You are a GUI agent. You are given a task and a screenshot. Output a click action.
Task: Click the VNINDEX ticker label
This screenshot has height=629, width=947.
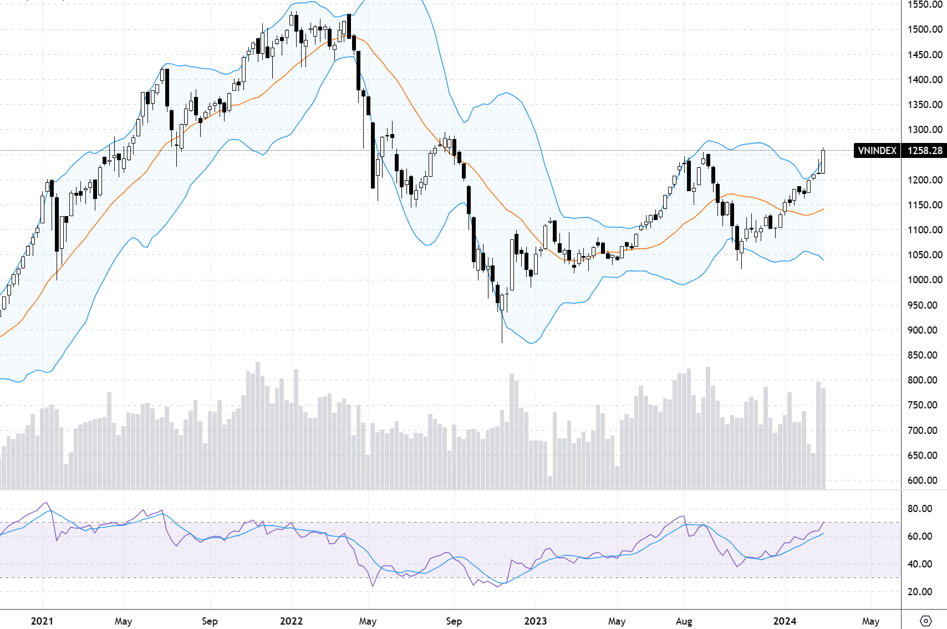coord(877,151)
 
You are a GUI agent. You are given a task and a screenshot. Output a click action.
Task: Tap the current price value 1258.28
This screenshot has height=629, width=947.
coord(925,151)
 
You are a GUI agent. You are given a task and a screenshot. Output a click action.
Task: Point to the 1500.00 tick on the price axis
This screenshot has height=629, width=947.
coord(925,29)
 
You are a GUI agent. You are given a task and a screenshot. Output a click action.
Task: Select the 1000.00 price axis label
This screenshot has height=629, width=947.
coord(925,280)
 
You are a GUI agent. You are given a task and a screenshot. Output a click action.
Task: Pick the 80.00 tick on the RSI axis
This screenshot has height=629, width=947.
coord(919,509)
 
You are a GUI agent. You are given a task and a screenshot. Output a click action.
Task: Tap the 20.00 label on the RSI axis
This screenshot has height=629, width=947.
coord(919,592)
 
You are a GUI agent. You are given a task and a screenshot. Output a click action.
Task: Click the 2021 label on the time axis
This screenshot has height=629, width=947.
coord(42,621)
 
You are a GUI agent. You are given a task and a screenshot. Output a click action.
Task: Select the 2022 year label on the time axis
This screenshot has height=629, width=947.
coord(291,621)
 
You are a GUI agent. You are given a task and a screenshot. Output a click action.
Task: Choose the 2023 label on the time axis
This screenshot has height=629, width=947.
coord(536,621)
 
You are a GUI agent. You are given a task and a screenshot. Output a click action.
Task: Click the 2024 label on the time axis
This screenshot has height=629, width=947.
coord(785,621)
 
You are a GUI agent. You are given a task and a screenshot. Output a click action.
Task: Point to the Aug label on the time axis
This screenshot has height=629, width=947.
coord(684,621)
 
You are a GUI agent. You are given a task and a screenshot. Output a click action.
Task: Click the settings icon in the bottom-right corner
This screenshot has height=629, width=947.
coord(925,621)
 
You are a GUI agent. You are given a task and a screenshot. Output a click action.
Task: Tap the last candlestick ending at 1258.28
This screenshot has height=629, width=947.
coord(823,161)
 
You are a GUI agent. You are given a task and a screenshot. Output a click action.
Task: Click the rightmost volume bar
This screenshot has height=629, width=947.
coord(823,438)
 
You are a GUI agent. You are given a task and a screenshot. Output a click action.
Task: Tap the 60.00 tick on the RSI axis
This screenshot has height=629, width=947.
coord(919,536)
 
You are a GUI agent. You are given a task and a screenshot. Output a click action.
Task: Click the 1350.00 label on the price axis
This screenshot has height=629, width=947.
coord(925,105)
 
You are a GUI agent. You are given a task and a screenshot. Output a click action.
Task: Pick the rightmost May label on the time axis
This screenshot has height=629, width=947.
coord(870,621)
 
